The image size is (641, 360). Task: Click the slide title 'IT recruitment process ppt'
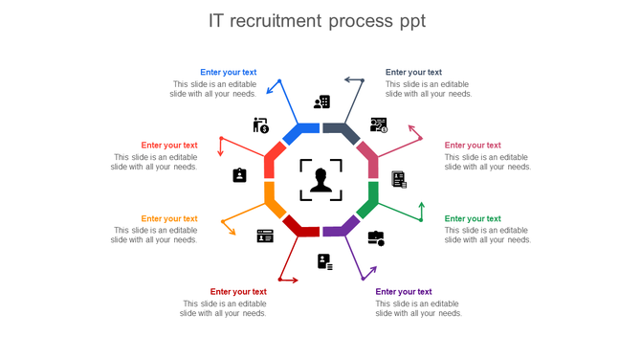318,21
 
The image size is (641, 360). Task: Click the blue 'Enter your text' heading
228,72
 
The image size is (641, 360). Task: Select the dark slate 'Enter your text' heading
413,72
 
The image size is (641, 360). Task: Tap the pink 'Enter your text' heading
473,146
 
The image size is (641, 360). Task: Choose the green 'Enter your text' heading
473,218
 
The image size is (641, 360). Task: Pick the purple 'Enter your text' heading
404,292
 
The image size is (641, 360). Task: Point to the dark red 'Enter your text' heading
238,292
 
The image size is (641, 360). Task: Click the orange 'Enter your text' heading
169,218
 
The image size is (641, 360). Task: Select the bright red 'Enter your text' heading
169,146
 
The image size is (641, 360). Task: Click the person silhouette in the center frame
320,179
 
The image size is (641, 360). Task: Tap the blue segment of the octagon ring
304,129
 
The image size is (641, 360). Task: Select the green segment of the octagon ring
369,198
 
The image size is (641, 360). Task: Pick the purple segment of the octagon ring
339,228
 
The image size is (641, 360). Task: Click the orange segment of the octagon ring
273,199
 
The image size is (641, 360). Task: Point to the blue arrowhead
269,92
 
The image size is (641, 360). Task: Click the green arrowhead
422,205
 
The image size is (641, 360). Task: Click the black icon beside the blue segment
322,101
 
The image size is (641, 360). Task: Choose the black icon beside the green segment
376,237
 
